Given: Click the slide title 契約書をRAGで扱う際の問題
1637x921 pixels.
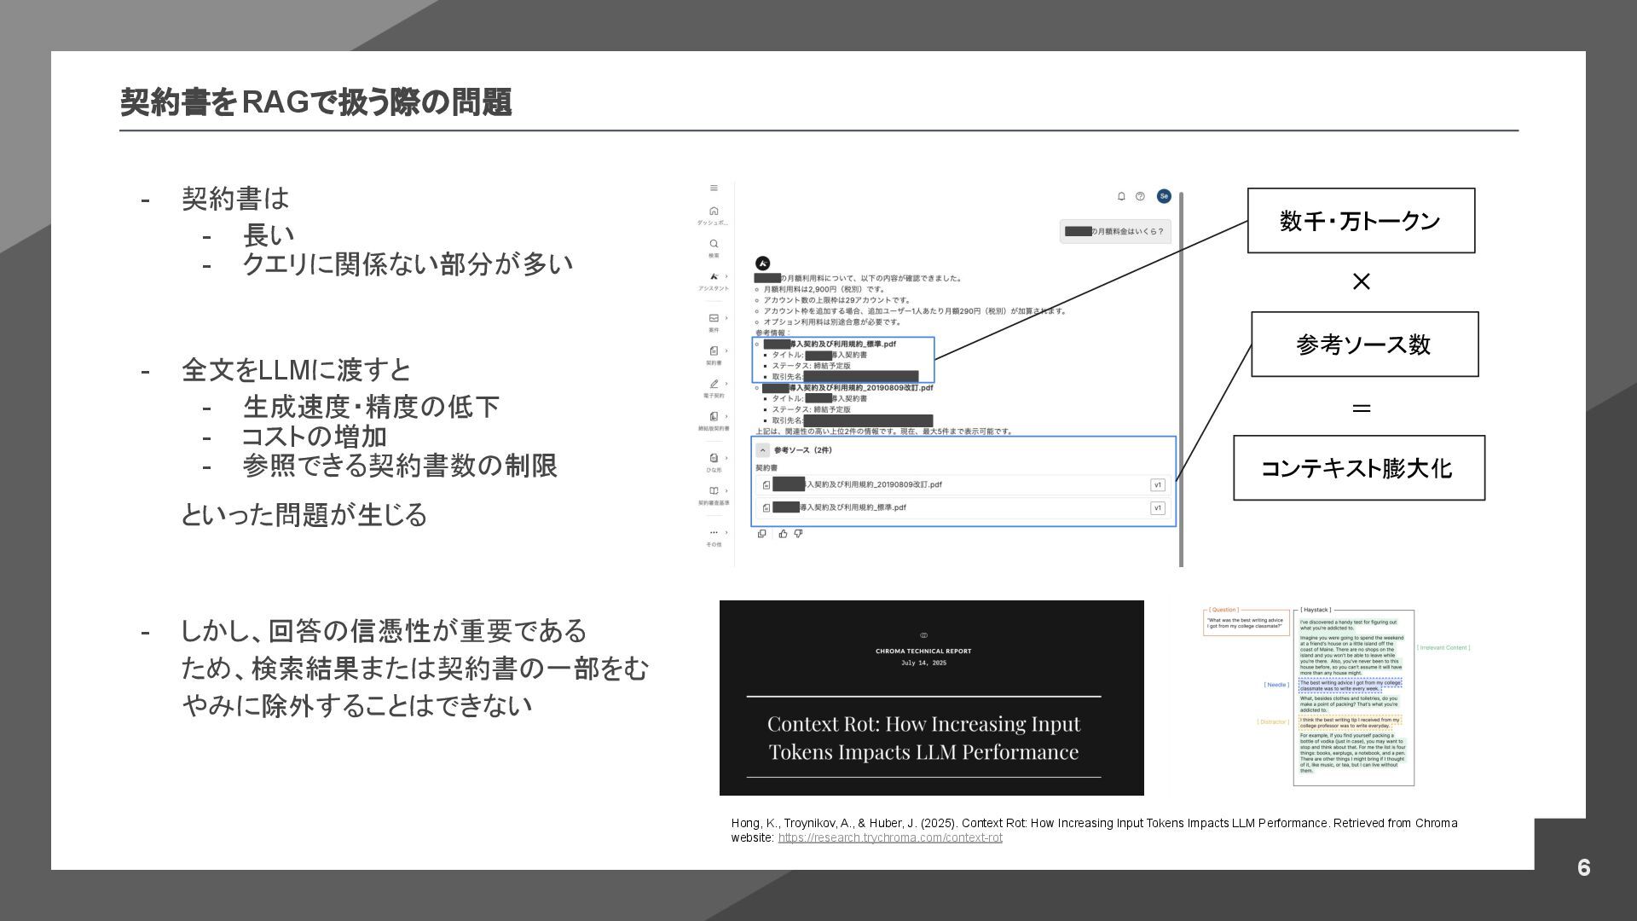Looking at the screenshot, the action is click(x=315, y=102).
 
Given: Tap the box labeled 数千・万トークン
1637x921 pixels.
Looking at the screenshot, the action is click(x=1361, y=221).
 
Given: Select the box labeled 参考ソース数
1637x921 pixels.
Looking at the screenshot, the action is click(x=1364, y=345).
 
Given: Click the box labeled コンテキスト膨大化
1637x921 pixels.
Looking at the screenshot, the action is click(x=1358, y=468).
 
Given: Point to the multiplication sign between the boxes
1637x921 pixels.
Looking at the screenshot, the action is click(x=1362, y=281).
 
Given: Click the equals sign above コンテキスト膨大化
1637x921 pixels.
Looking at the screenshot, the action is click(x=1362, y=408).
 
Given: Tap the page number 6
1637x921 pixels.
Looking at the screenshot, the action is click(x=1583, y=867).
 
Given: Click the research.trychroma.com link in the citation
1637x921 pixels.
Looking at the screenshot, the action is click(x=890, y=838).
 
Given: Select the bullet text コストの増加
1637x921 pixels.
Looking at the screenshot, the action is click(x=315, y=437).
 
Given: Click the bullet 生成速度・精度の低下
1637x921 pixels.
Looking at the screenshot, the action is click(x=371, y=407).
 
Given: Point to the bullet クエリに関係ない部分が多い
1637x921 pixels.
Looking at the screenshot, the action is click(x=408, y=264).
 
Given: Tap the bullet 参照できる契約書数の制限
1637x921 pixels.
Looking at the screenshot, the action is click(x=400, y=466).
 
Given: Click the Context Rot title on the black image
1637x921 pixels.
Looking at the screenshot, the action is click(x=923, y=738).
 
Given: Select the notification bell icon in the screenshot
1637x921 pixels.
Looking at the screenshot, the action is click(x=1121, y=196).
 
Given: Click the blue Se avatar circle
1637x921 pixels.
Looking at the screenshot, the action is click(x=1164, y=196).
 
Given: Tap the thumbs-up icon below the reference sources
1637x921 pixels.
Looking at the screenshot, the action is click(x=783, y=534).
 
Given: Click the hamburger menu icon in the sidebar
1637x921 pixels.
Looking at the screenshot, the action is click(x=714, y=188).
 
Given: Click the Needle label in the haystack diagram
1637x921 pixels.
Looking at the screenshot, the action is click(x=1276, y=685).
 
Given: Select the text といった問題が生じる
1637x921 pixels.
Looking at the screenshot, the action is click(x=304, y=515).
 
